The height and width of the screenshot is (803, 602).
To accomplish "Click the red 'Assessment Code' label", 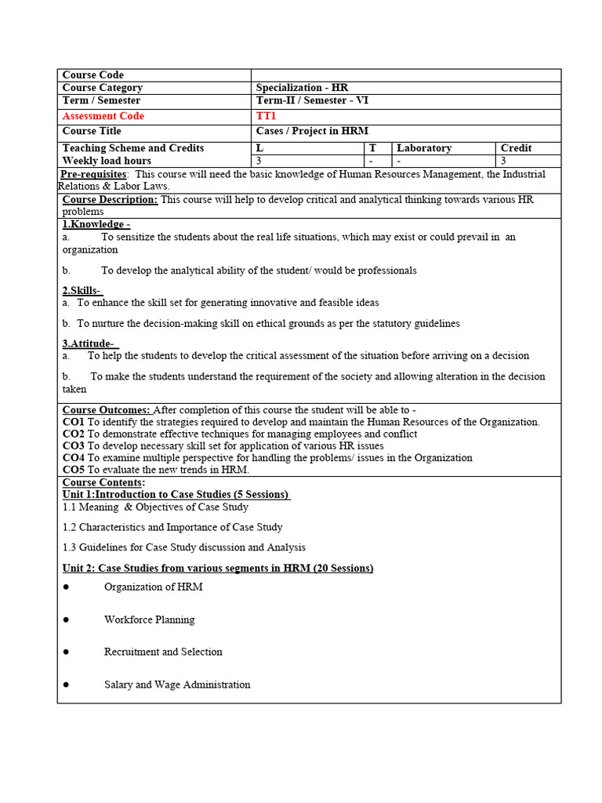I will tap(103, 116).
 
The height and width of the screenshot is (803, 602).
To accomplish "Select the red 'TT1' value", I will tap(267, 116).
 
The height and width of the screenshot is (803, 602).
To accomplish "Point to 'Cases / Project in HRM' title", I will tap(312, 131).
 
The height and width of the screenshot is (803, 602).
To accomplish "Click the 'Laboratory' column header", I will tap(424, 148).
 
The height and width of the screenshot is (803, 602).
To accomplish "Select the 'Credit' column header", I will tap(516, 148).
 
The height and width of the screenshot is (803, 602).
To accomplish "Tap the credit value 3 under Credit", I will tap(502, 161).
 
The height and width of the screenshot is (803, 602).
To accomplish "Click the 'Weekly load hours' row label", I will tap(107, 161).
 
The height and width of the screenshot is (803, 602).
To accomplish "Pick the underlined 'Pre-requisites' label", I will tap(95, 174).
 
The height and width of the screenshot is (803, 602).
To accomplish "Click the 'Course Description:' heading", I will tap(110, 200).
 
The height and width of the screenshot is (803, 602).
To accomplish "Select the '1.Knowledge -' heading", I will tap(96, 224).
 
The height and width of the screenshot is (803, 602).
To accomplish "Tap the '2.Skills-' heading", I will tap(82, 291).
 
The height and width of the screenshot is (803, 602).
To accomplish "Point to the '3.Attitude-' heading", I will tap(89, 343).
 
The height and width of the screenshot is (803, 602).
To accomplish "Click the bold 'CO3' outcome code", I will tap(73, 445).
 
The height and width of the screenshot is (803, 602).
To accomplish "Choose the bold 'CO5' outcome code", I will tap(73, 469).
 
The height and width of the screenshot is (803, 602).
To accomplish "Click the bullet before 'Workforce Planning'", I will tap(67, 620).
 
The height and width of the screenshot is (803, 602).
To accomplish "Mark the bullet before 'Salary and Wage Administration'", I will tap(67, 685).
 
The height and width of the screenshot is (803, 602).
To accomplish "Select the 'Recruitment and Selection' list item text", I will tap(163, 652).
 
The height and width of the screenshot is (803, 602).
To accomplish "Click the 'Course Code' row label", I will tap(92, 75).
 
